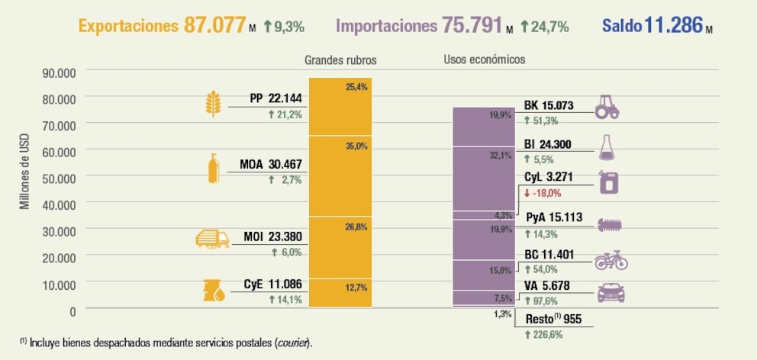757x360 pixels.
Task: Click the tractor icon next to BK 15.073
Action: [x=611, y=107]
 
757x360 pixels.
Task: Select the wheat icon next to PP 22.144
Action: [x=214, y=104]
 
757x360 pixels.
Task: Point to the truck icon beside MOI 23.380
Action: [x=213, y=239]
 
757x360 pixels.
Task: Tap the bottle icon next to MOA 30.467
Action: [x=214, y=168]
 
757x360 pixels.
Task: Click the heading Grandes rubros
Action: [x=340, y=59]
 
